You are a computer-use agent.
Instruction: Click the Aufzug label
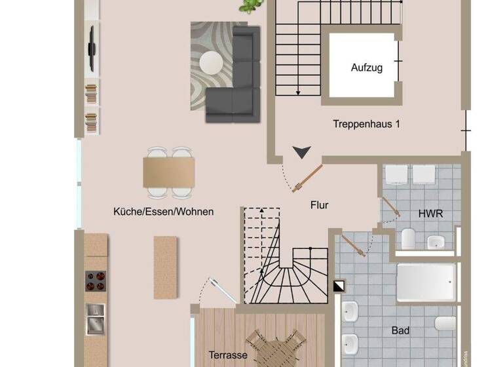tap(367, 68)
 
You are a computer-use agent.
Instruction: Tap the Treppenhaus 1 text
tap(366, 123)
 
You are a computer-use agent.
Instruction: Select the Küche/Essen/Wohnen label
tap(163, 212)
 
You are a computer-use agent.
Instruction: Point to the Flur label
tap(319, 205)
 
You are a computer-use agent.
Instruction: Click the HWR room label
tap(430, 214)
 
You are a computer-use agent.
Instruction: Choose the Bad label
tap(400, 331)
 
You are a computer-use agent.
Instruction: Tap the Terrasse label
tap(228, 355)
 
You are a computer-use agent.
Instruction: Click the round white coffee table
tap(212, 64)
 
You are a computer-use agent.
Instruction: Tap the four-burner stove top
tap(96, 280)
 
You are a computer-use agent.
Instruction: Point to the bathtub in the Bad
tap(426, 282)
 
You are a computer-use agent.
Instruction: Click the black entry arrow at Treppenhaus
tap(301, 152)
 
